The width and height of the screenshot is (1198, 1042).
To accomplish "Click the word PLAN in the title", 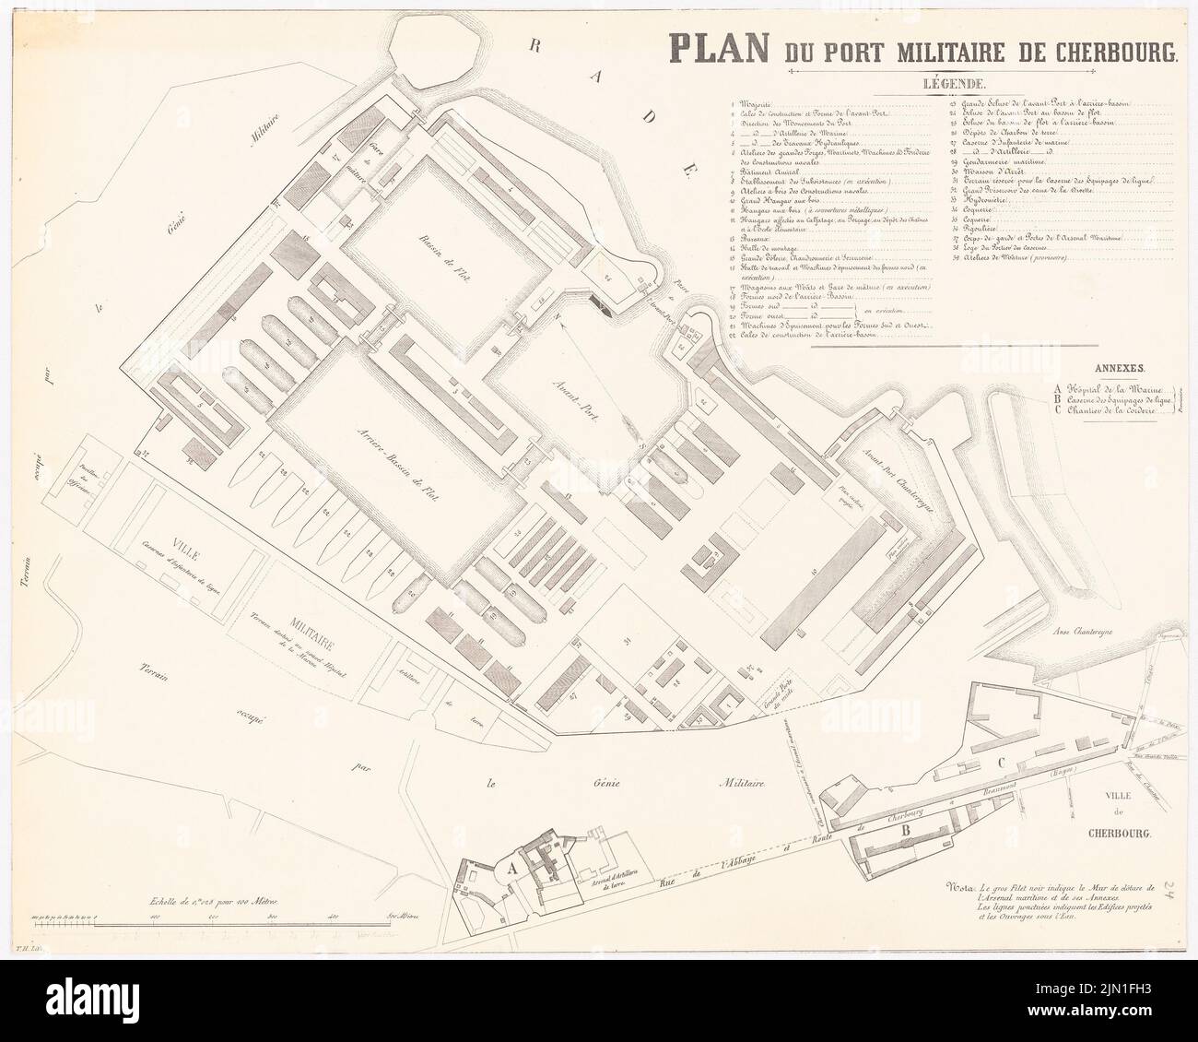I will click(722, 49).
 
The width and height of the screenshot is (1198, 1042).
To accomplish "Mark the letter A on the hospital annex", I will click(509, 867).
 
